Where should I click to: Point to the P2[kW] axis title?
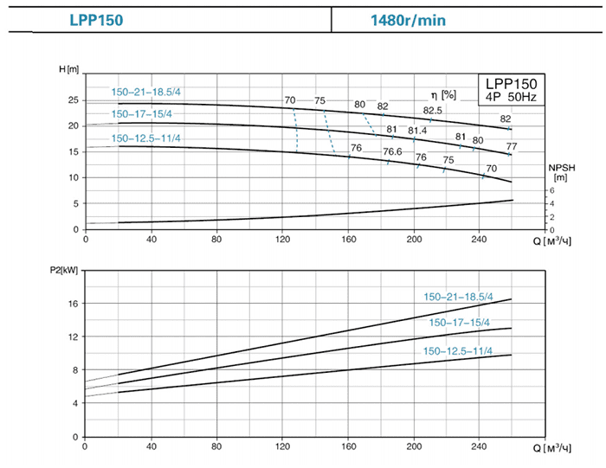63,269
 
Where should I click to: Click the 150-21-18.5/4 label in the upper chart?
146,93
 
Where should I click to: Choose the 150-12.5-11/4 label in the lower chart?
458,350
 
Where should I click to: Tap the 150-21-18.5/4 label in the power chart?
458,297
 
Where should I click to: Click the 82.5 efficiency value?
433,111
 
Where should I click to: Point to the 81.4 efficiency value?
417,131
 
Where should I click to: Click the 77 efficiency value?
512,146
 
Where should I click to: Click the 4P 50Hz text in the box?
512,98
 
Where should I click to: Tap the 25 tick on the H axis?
74,100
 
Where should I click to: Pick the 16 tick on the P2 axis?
74,304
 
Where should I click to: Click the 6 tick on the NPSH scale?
551,190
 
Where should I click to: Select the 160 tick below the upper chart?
349,240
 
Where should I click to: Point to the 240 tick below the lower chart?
480,449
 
